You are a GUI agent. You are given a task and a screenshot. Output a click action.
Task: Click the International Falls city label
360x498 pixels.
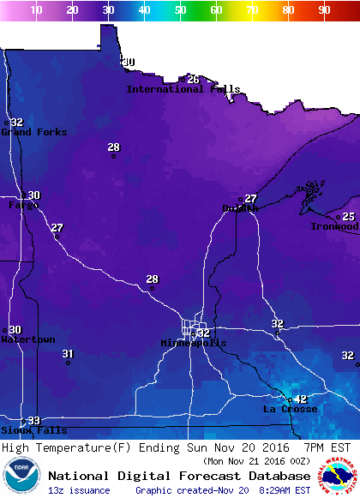pyautogui.click(x=183, y=89)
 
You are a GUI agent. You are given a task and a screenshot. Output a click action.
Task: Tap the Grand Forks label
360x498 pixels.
pyautogui.click(x=33, y=132)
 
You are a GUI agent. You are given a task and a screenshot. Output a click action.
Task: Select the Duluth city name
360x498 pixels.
pyautogui.click(x=240, y=208)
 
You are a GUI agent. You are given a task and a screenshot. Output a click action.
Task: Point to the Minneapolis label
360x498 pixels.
pyautogui.click(x=194, y=343)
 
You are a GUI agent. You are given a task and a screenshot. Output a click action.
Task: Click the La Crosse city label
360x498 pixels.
pyautogui.click(x=290, y=409)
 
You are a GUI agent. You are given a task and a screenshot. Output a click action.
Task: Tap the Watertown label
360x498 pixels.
pyautogui.click(x=28, y=339)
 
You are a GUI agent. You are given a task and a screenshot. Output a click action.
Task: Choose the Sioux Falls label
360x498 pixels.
pyautogui.click(x=22, y=429)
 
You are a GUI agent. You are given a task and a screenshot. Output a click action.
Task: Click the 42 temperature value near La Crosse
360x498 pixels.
pyautogui.click(x=300, y=399)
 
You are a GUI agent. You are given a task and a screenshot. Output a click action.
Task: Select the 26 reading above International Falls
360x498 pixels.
pyautogui.click(x=193, y=80)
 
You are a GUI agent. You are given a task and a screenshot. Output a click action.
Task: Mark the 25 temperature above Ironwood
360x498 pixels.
pyautogui.click(x=348, y=217)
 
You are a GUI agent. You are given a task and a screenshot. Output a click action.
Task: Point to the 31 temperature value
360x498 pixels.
pyautogui.click(x=69, y=354)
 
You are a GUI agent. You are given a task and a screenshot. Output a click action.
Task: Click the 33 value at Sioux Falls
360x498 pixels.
pyautogui.click(x=33, y=420)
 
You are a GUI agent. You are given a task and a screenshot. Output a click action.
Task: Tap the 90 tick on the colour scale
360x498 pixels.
pyautogui.click(x=323, y=10)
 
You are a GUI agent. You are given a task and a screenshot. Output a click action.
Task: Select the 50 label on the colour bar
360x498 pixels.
pyautogui.click(x=180, y=10)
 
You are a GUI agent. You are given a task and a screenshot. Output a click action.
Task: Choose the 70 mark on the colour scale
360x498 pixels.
pyautogui.click(x=252, y=10)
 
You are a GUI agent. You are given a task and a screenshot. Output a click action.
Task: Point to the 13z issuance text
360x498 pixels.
pyautogui.click(x=79, y=490)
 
